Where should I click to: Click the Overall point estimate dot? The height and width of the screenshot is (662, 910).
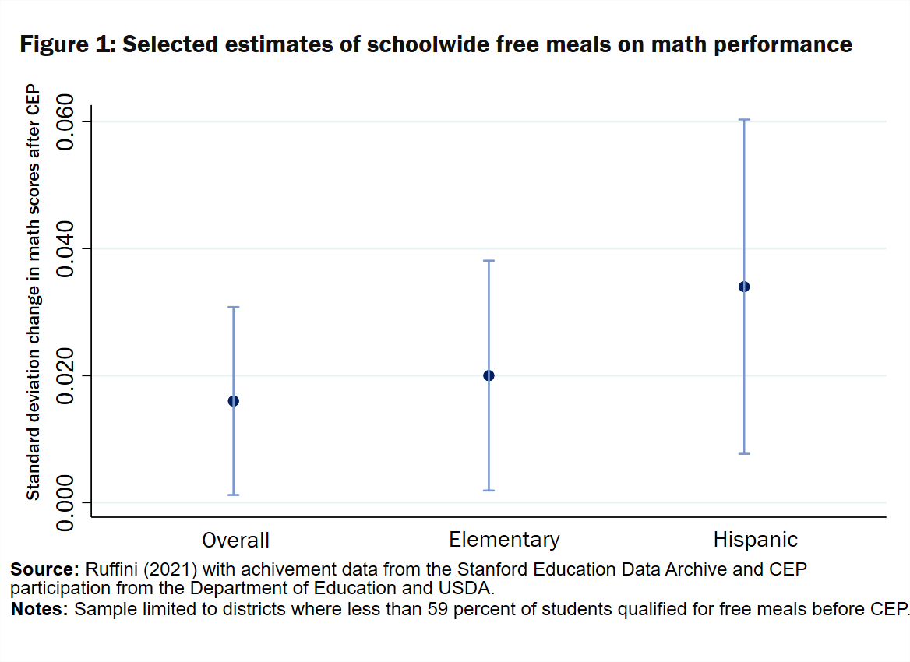[233, 401]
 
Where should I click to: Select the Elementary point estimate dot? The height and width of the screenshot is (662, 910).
[489, 375]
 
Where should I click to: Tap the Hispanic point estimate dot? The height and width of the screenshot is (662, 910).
[744, 287]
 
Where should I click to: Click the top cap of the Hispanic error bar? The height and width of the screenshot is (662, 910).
[744, 120]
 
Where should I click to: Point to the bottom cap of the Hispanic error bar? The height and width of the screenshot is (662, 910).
[744, 453]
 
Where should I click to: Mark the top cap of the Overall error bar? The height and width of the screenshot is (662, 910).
[233, 308]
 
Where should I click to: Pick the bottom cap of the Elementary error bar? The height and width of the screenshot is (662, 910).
[489, 490]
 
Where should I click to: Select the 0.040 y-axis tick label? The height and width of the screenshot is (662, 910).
[69, 248]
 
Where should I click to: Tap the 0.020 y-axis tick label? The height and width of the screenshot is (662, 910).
[69, 375]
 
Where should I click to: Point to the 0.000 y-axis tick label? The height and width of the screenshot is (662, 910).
[69, 502]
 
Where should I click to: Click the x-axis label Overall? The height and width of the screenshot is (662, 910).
[235, 540]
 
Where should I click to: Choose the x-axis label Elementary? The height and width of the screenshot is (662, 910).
[504, 539]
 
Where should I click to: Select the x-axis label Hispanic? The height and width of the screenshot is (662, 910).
[756, 539]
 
